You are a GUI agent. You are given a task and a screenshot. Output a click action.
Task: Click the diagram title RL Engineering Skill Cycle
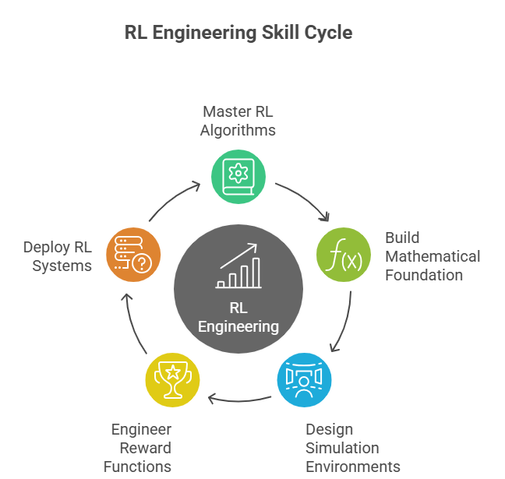coord(238,33)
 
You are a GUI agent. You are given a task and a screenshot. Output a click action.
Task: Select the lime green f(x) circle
coord(343,254)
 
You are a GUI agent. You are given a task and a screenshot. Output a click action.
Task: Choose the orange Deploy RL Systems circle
coord(133,254)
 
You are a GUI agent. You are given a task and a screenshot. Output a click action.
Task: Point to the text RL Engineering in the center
coord(238,316)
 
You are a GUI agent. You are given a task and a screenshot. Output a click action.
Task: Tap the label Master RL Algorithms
coord(238,120)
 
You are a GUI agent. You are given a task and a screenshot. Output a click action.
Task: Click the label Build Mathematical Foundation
coord(433,255)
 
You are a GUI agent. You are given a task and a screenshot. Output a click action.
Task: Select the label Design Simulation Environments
coord(352,448)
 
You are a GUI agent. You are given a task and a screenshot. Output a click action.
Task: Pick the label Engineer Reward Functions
coord(138,448)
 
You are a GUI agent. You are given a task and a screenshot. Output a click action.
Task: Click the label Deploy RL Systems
coord(58,256)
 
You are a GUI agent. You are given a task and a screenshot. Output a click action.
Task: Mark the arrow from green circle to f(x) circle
coord(304,201)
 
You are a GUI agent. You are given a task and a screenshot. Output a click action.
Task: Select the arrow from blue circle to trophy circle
coord(238,400)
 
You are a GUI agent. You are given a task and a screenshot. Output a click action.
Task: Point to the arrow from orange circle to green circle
coord(173,202)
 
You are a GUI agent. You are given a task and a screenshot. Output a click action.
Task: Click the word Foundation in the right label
coord(424,274)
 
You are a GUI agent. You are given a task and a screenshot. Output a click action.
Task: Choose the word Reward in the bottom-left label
coord(145,448)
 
